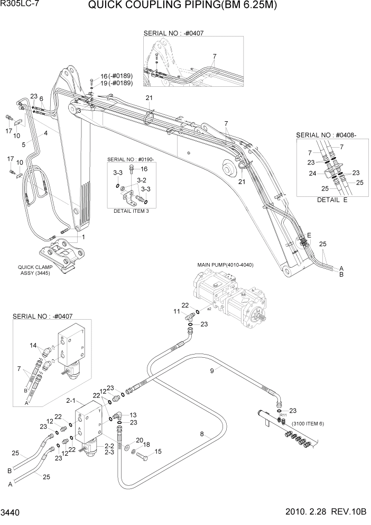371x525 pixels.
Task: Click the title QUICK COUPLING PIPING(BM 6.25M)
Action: pyautogui.click(x=182, y=6)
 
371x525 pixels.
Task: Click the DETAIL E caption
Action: pyautogui.click(x=332, y=200)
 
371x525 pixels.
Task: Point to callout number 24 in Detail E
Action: pyautogui.click(x=312, y=173)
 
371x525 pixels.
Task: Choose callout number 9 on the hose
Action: pyautogui.click(x=212, y=371)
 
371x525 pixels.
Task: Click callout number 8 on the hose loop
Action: pyautogui.click(x=202, y=434)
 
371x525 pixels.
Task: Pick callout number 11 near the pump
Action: pyautogui.click(x=178, y=313)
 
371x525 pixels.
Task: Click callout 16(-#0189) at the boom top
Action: pyautogui.click(x=116, y=76)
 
